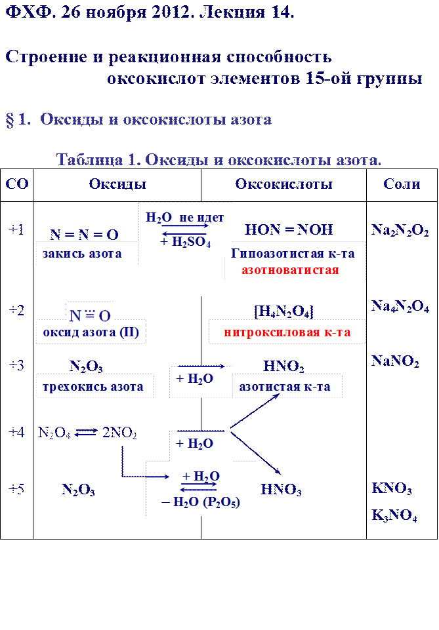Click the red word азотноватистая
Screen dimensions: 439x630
pyautogui.click(x=290, y=270)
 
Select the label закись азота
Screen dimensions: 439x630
pyautogui.click(x=82, y=254)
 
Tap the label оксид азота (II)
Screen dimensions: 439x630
pyautogui.click(x=91, y=332)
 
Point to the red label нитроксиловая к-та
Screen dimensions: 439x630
pyautogui.click(x=287, y=332)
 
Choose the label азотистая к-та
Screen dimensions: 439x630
pyautogui.click(x=284, y=387)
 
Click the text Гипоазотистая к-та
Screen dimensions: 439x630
pyautogui.click(x=293, y=254)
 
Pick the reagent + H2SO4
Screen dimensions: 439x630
pyautogui.click(x=185, y=243)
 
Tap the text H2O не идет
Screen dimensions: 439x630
pyautogui.click(x=185, y=218)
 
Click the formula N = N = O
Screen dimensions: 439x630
pyautogui.click(x=84, y=234)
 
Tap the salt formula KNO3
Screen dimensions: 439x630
pyautogui.click(x=392, y=489)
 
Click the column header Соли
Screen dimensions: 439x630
pyautogui.click(x=401, y=184)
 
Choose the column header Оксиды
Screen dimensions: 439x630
pyautogui.click(x=117, y=184)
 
